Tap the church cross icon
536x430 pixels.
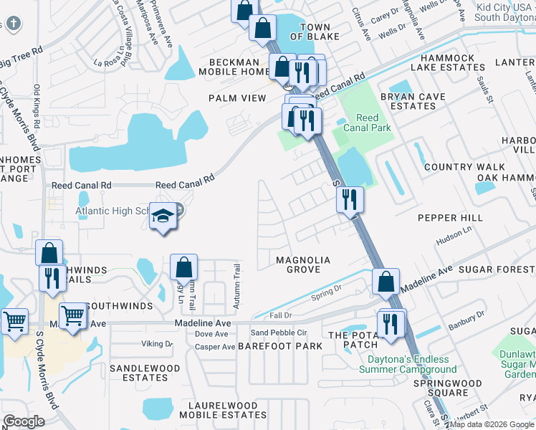(12, 23)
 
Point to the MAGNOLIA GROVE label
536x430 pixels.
(304, 264)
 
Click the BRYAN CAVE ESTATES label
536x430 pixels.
(408, 100)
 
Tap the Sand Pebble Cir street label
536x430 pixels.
(278, 333)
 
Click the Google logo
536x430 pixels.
(24, 421)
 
